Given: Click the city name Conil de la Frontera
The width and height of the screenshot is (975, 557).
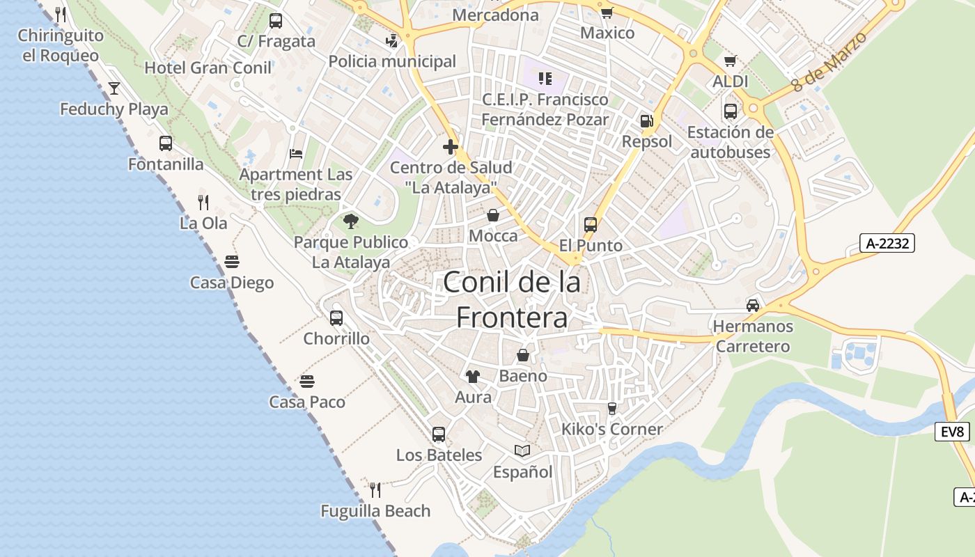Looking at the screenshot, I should (x=512, y=300).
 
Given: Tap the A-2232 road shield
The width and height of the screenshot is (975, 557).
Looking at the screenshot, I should (x=887, y=243).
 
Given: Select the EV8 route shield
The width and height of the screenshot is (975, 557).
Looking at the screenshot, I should (x=952, y=432).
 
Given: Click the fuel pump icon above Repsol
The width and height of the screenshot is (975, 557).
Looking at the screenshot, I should (x=647, y=121).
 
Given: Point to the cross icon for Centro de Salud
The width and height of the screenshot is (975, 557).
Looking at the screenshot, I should (x=451, y=147).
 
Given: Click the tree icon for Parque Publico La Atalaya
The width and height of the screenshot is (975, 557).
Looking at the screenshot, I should (x=351, y=221).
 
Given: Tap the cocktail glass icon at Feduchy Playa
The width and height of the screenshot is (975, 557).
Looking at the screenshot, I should (x=114, y=88).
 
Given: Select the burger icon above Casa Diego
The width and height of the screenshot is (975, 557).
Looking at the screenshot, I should (x=232, y=262).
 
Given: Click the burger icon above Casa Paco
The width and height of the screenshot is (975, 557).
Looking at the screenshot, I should (x=307, y=382).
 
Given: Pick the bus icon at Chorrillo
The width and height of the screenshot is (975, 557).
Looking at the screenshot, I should (x=336, y=318).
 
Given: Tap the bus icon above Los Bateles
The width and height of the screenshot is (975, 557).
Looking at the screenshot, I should (x=439, y=434).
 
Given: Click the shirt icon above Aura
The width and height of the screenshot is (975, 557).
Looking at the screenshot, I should (x=473, y=377).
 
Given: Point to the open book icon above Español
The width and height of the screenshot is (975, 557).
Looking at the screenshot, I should (x=522, y=451).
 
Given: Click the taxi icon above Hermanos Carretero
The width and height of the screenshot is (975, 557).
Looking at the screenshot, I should (x=753, y=305).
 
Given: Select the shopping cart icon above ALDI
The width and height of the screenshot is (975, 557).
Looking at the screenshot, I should (x=730, y=61).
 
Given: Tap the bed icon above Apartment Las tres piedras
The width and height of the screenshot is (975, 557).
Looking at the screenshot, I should (x=296, y=153).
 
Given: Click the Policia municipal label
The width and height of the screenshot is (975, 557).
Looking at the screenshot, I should (x=392, y=61).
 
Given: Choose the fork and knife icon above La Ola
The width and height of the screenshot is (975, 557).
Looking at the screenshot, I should (x=203, y=202).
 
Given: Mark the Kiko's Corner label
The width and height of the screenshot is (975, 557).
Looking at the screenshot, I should (x=611, y=429).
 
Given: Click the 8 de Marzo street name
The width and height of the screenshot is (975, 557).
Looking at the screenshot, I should (x=829, y=62).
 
